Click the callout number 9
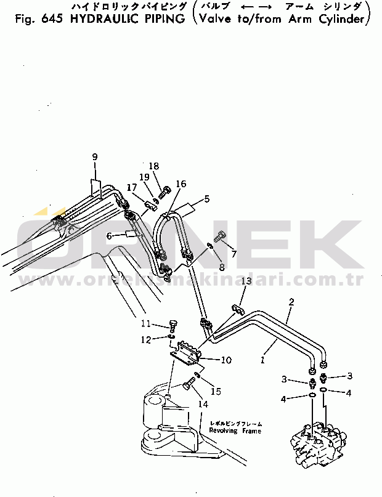[95, 157]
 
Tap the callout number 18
[154, 166]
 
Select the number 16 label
[181, 184]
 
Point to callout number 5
[207, 199]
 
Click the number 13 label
[246, 281]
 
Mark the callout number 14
[203, 405]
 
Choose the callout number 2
[291, 302]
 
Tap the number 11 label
[145, 323]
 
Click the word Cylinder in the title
[346, 18]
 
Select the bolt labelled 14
[189, 386]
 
